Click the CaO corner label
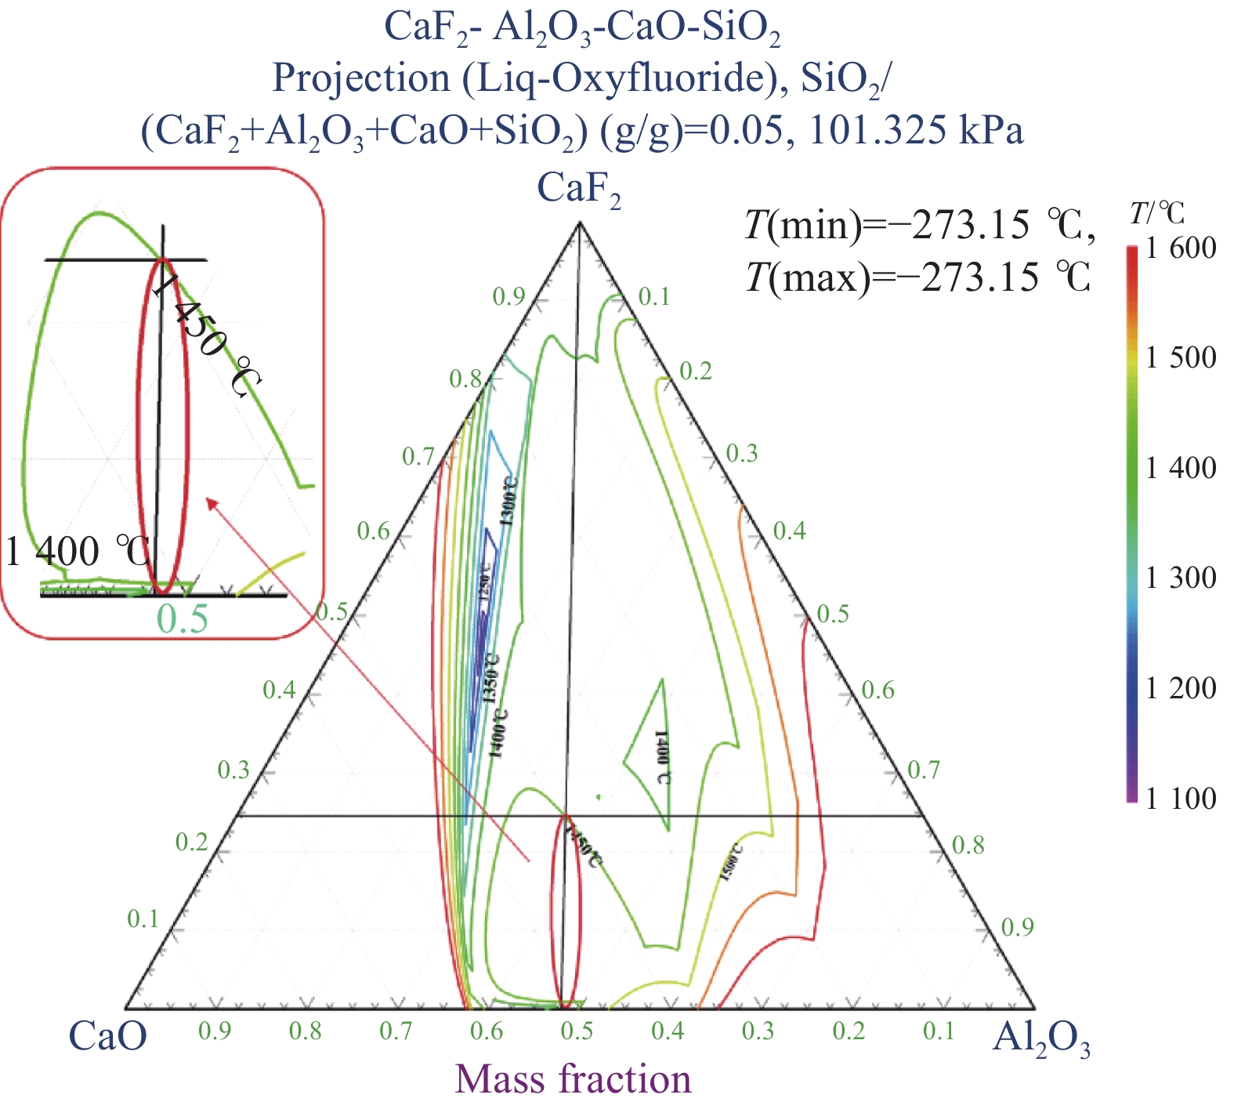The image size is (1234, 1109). point(107,1036)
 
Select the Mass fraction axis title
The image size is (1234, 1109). point(573,1079)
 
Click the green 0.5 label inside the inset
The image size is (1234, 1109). point(183,619)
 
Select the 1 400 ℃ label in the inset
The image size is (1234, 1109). point(77,552)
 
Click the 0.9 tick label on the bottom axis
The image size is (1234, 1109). point(215,1031)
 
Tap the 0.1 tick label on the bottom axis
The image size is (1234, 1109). point(939,1031)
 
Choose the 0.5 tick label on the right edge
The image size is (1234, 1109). point(833,613)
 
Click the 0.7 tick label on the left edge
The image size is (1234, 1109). point(418,456)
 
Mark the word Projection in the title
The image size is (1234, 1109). point(361,78)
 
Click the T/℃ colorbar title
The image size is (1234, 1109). point(1157,212)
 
